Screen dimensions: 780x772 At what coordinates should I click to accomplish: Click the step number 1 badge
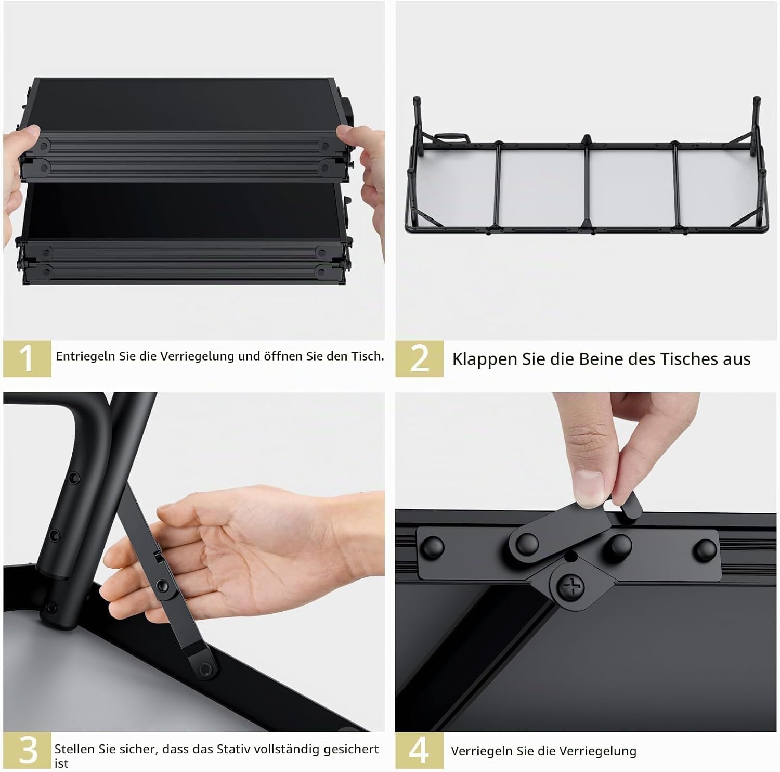coord(27,358)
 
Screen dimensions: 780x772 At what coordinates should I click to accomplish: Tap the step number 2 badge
coord(419,358)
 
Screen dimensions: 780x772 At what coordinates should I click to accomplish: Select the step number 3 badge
coord(27,751)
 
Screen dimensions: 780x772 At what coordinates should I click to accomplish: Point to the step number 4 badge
coord(419,751)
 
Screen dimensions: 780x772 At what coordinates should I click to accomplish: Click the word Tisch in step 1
coord(368,356)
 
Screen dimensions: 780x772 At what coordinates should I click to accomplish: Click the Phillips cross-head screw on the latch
coord(570,588)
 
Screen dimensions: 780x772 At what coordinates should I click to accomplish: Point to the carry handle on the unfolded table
coord(451,137)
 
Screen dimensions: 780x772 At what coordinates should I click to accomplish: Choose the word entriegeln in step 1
coord(86,357)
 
